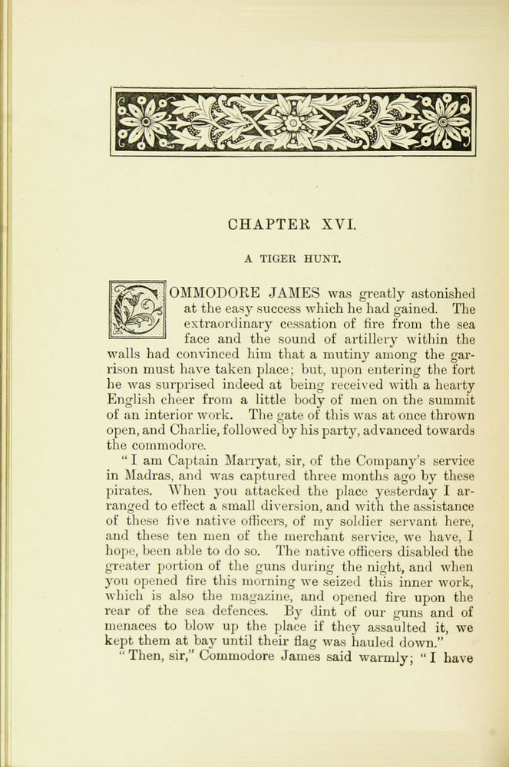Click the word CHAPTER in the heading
click(x=265, y=225)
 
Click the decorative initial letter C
click(x=137, y=310)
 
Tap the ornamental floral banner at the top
click(x=293, y=121)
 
